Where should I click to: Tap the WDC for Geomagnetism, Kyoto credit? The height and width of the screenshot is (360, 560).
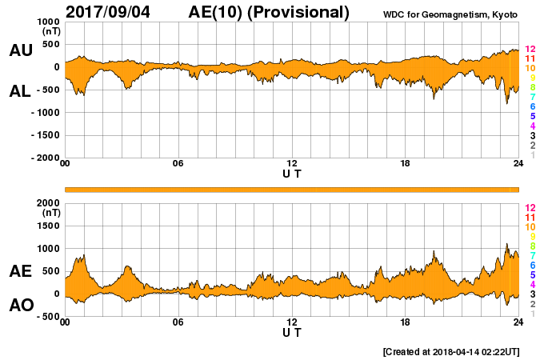[450, 14]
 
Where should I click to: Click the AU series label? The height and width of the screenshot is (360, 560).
[20, 50]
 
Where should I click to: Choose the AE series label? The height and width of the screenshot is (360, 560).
[20, 271]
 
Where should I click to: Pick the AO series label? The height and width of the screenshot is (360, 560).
[20, 305]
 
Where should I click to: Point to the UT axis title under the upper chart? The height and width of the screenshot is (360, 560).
[292, 172]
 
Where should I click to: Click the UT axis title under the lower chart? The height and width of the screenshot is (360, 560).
[292, 331]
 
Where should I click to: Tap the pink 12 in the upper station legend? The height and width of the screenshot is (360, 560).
[530, 50]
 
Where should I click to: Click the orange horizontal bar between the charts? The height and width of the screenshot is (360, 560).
[292, 189]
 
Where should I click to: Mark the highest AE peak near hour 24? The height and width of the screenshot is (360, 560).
[506, 245]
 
